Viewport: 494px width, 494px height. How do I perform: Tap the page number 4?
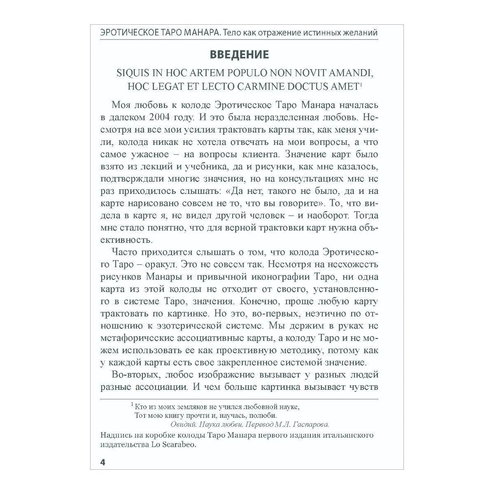pyautogui.click(x=103, y=462)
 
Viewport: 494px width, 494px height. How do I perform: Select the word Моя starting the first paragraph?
pyautogui.click(x=121, y=105)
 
